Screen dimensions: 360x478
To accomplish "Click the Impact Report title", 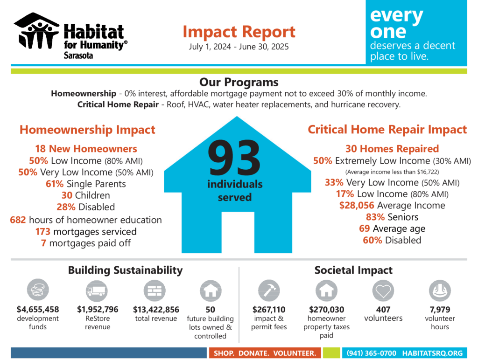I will point(239,32).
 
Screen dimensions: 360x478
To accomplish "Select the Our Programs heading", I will point(239,82).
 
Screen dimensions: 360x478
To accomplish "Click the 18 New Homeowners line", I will point(86,149).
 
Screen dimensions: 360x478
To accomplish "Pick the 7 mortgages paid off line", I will point(86,243).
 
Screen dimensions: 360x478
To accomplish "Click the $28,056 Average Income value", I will point(357,205).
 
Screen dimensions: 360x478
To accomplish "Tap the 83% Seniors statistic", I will point(392,217).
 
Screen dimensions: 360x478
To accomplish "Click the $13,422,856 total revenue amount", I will point(155,309).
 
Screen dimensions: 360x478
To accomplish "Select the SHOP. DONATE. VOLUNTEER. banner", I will point(265,353).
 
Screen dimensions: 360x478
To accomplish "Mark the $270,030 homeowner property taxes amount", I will point(326,309).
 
